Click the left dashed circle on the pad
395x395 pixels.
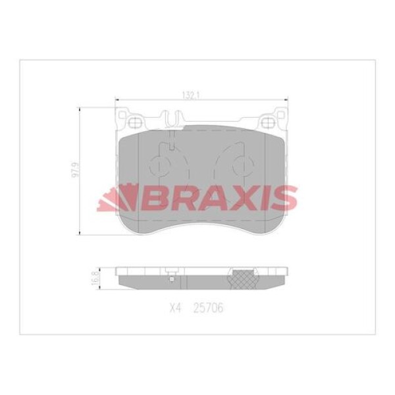pyautogui.click(x=163, y=165)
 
